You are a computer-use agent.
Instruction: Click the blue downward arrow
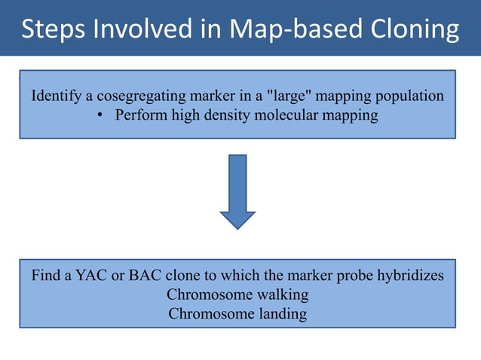tap(237, 192)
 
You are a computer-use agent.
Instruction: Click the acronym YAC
tap(91, 276)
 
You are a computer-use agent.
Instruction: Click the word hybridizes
tap(412, 276)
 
